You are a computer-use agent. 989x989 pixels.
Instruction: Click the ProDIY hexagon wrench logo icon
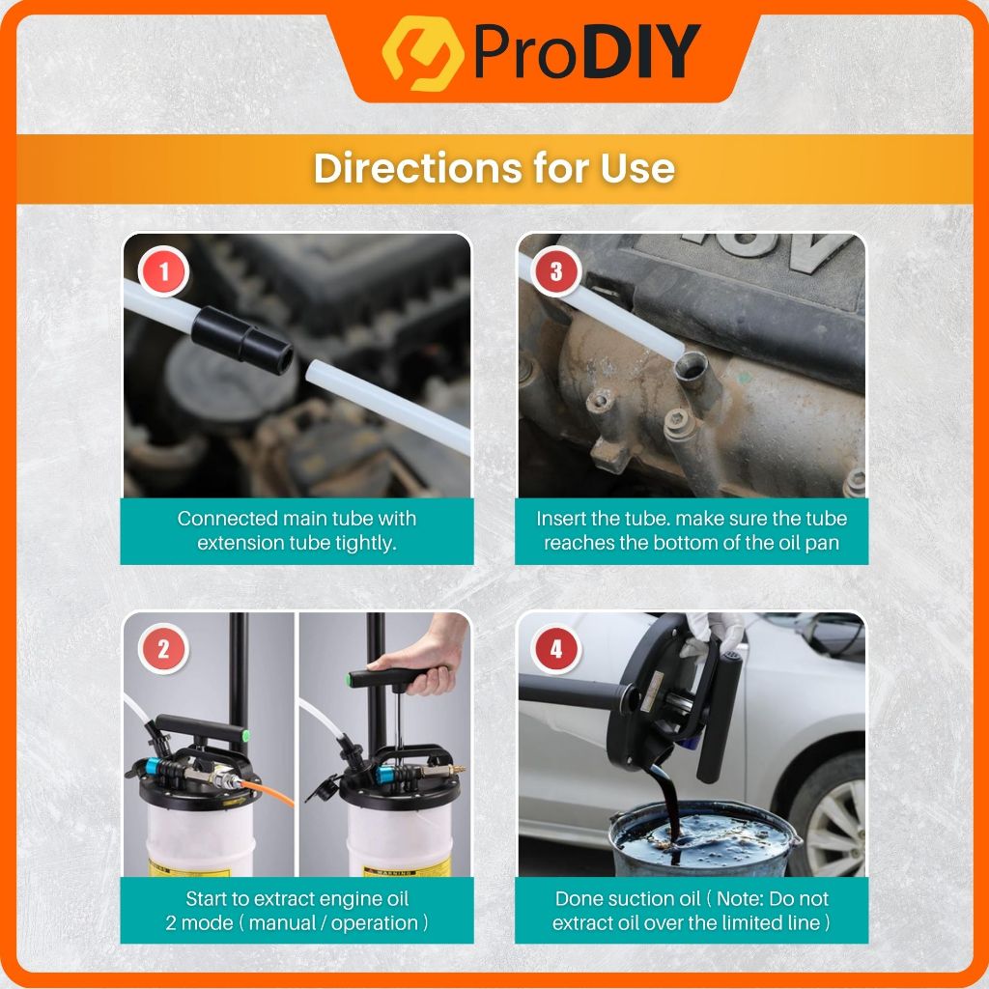pos(423,53)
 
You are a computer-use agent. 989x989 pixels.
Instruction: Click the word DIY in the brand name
pos(641,52)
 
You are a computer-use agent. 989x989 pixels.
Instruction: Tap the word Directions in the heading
pos(418,168)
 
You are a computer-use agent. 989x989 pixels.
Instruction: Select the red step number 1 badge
pos(164,271)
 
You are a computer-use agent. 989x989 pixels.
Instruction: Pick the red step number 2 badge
pos(163,649)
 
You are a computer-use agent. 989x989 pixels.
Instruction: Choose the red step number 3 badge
pos(556,271)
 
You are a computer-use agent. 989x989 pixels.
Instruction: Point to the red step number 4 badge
pos(555,649)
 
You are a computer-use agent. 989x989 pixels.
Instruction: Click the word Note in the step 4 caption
pos(741,898)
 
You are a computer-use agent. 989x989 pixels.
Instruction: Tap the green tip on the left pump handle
pos(245,735)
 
